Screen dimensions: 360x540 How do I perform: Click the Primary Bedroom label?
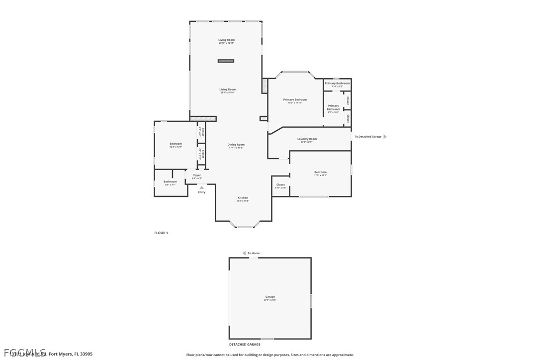click(x=295, y=100)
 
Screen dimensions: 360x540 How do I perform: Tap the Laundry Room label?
click(x=307, y=139)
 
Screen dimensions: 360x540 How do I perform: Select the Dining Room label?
click(x=236, y=145)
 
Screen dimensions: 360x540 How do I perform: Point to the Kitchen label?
click(x=243, y=198)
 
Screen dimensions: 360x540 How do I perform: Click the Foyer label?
click(x=197, y=176)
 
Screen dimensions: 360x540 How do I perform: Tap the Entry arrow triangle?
click(x=201, y=187)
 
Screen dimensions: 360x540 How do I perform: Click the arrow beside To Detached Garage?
click(x=385, y=136)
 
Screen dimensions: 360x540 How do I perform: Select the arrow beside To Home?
click(x=244, y=253)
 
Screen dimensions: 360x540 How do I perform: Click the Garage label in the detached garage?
click(x=270, y=297)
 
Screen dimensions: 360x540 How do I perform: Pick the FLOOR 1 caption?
click(x=161, y=233)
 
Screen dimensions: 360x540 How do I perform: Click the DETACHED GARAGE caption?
click(x=245, y=344)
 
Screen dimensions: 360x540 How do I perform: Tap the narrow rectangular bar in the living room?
click(x=226, y=61)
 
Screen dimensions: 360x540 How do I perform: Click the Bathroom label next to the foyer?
click(x=170, y=181)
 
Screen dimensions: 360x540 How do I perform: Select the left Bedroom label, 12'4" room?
click(x=176, y=144)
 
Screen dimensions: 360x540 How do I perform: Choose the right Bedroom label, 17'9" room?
click(x=320, y=172)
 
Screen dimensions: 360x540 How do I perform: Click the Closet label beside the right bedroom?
click(x=280, y=185)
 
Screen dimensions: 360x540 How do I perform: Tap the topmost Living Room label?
click(x=227, y=40)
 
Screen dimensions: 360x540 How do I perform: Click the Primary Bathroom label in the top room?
click(x=337, y=84)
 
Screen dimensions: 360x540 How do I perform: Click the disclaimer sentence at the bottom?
click(x=270, y=355)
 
